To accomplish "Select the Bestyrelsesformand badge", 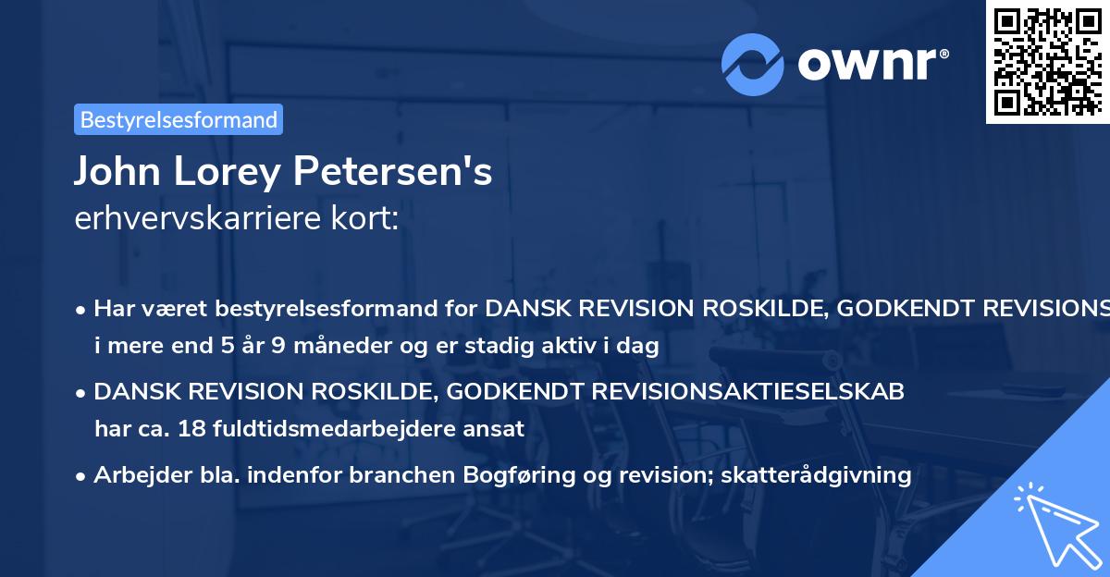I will click(179, 119).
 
